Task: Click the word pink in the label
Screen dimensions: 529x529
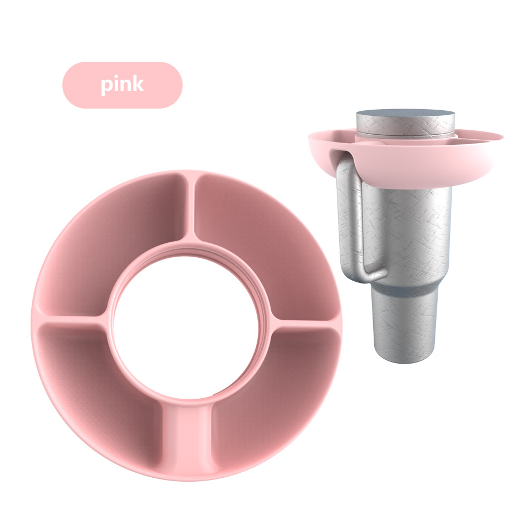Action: (122, 85)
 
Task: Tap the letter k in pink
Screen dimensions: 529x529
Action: (138, 84)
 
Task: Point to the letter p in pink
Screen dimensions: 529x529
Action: (106, 86)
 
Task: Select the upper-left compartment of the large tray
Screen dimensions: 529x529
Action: (111, 243)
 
